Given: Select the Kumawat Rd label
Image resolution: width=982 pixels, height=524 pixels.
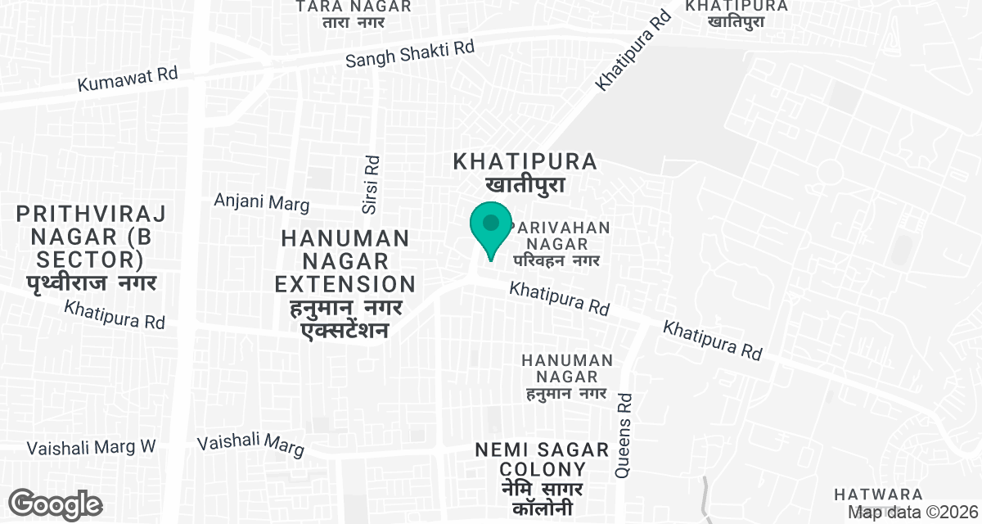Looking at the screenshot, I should pos(127,79).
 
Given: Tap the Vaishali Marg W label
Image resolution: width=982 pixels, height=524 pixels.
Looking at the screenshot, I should pos(91,448).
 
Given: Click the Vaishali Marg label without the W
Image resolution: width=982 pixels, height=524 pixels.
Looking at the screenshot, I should pos(250,445).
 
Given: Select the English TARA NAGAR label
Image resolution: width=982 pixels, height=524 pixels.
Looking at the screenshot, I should pos(354,7).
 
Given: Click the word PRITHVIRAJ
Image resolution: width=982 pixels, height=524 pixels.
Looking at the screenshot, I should pos(91,215).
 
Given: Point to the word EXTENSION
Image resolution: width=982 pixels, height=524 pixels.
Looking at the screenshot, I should pos(345,284).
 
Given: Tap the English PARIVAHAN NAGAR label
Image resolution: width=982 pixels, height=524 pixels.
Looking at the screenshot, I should pos(560,235).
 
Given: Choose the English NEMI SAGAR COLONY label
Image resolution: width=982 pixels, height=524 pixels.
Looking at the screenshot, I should pos(543,459).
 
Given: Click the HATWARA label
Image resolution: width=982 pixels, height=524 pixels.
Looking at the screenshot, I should pos(879,495).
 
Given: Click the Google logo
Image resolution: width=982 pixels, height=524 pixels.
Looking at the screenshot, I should pos(55,504).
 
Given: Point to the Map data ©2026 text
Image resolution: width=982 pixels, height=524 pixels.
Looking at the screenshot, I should pos(911,512).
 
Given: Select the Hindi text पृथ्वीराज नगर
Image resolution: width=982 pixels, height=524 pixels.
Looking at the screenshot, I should pos(91,283).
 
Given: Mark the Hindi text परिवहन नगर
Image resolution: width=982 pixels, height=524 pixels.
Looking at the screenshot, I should pos(557,260).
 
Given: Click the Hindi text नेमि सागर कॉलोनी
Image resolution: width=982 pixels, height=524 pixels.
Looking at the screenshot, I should pos(543,499).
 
